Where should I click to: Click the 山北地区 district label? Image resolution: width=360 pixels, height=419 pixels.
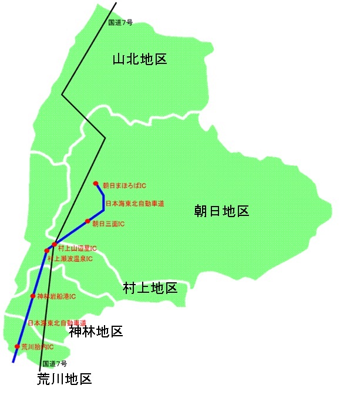140,59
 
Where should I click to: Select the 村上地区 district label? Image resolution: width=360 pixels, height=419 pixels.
150,288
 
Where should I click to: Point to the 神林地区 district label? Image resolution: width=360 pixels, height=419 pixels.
96,332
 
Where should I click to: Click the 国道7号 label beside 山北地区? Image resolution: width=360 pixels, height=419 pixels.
120,23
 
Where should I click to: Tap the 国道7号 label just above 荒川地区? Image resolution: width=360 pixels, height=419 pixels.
55,364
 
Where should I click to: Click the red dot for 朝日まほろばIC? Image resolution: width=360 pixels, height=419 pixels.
96,184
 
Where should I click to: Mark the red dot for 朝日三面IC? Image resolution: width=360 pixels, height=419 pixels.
87,221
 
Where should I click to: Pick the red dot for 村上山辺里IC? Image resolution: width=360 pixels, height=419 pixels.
54,244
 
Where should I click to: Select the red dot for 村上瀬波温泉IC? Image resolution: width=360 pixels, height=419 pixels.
46,251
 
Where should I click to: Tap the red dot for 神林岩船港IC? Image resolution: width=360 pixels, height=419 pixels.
33,296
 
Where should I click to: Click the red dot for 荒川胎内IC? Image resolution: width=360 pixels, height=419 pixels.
17,346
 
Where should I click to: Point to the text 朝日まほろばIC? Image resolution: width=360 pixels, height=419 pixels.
125,185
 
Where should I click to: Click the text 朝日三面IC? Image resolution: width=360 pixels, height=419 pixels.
109,224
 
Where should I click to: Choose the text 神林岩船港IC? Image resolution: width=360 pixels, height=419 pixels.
56,297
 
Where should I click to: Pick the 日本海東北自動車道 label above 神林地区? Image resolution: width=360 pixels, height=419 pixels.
57,323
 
